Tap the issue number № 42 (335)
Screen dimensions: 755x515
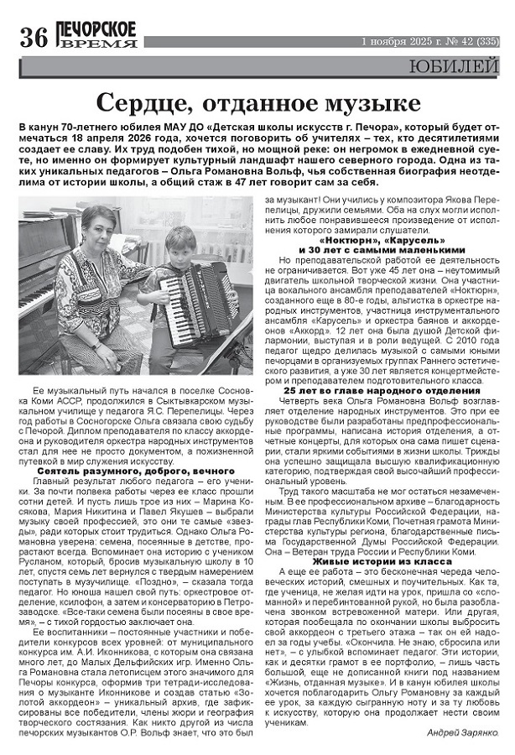point(473,40)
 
